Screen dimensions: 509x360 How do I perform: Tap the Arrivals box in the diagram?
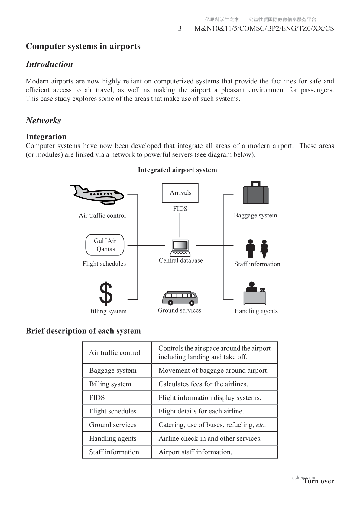pos(180,193)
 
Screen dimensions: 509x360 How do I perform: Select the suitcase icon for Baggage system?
pos(256,193)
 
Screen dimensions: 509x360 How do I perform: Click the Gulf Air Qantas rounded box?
pos(105,245)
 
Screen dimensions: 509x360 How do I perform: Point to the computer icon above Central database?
pos(180,248)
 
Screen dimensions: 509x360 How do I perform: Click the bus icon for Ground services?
pos(180,298)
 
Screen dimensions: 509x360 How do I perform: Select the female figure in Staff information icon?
pos(264,249)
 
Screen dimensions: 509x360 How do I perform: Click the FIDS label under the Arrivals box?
pos(180,209)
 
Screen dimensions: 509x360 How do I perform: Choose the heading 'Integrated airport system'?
pos(177,170)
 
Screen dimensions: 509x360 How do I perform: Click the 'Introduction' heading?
pos(49,64)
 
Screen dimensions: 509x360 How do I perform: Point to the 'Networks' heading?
pos(43,121)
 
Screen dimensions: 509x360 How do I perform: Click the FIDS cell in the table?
pos(97,397)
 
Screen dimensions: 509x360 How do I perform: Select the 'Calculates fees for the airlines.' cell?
pos(203,384)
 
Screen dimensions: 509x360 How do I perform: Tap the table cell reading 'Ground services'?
pos(113,425)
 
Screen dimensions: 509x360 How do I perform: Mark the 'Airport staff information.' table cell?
pos(195,452)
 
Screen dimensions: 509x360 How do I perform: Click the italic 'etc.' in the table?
pos(261,425)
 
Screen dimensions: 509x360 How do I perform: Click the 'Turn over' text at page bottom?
pos(319,481)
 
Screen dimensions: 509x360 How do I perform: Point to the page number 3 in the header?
pos(180,28)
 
